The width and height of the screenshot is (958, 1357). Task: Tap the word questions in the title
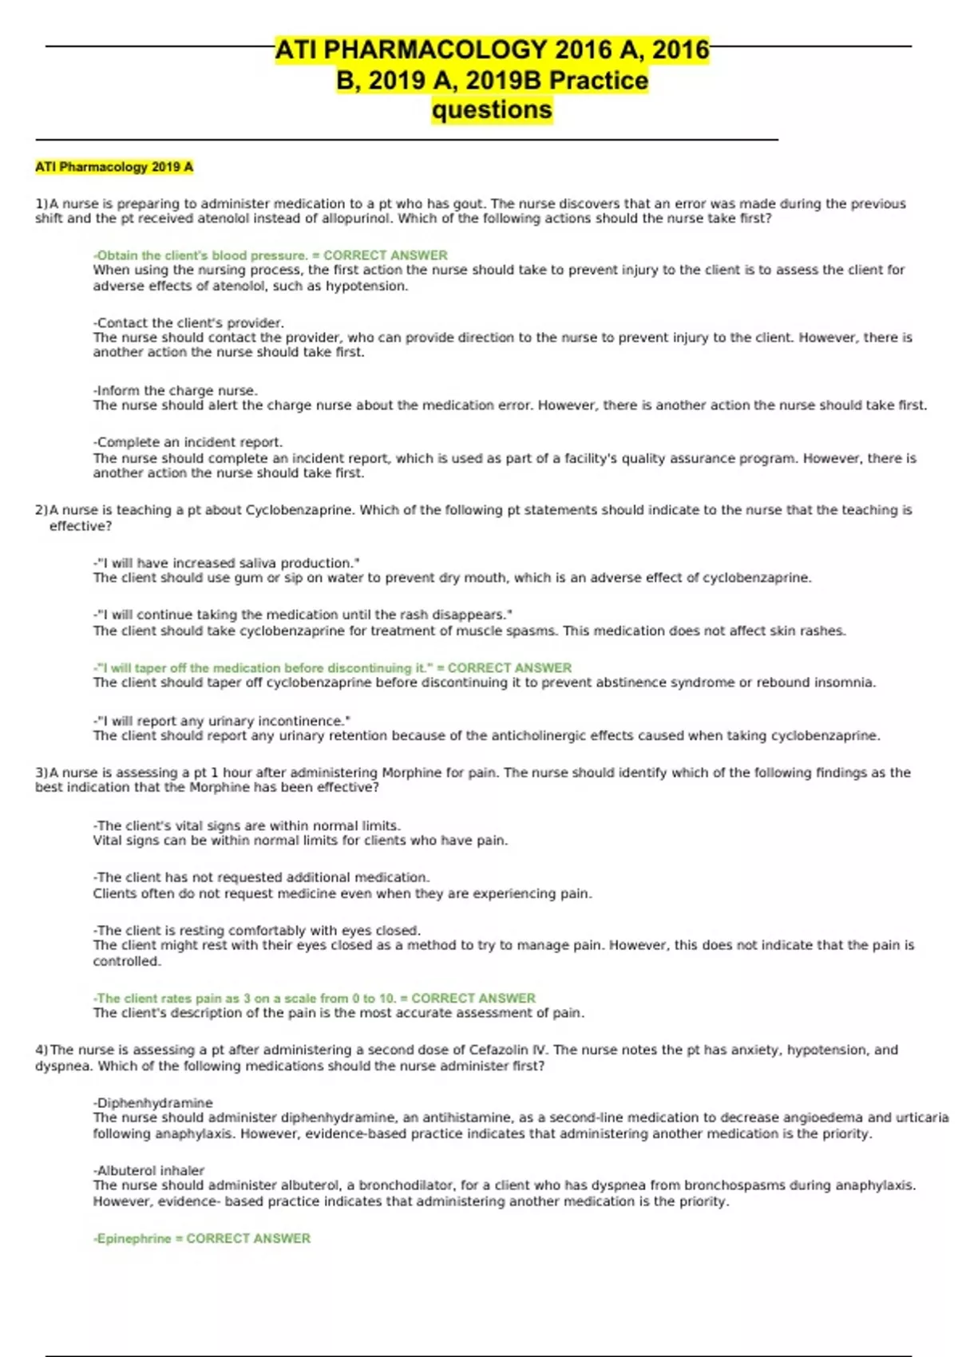click(492, 109)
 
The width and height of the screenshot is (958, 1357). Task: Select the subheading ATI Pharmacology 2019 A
click(114, 167)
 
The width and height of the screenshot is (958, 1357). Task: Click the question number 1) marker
click(42, 204)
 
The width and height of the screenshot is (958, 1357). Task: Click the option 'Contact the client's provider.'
click(188, 322)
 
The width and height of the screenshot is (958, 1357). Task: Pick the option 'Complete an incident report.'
click(188, 442)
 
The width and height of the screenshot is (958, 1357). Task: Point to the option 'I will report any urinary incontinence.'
click(222, 721)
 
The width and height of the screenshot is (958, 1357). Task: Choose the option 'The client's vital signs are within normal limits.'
click(247, 825)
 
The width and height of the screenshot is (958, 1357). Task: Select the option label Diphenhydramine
click(153, 1102)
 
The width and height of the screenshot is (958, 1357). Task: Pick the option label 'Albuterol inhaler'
click(149, 1170)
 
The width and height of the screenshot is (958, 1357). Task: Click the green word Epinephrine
click(133, 1238)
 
